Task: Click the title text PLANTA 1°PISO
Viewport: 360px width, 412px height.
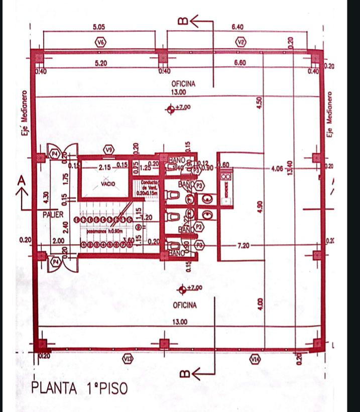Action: tap(79, 388)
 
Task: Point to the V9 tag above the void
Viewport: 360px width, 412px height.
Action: tap(109, 149)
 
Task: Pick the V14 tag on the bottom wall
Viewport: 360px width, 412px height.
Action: tap(256, 358)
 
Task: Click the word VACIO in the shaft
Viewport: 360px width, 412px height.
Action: tap(108, 184)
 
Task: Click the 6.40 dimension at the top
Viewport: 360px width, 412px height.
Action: tap(237, 26)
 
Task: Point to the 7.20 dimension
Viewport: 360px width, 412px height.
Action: tap(244, 245)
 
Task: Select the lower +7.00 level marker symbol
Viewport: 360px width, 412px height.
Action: tap(181, 289)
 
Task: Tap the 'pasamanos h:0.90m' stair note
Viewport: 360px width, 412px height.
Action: tap(102, 233)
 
